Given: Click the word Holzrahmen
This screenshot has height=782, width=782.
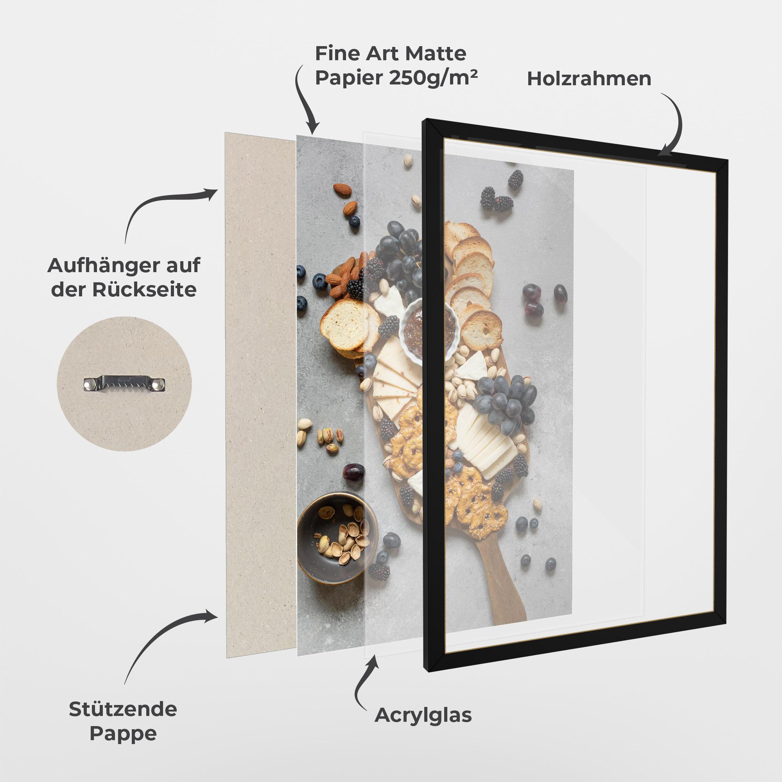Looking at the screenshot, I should pyautogui.click(x=589, y=79).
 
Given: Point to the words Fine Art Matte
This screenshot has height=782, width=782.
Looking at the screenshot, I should pyautogui.click(x=391, y=53).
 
